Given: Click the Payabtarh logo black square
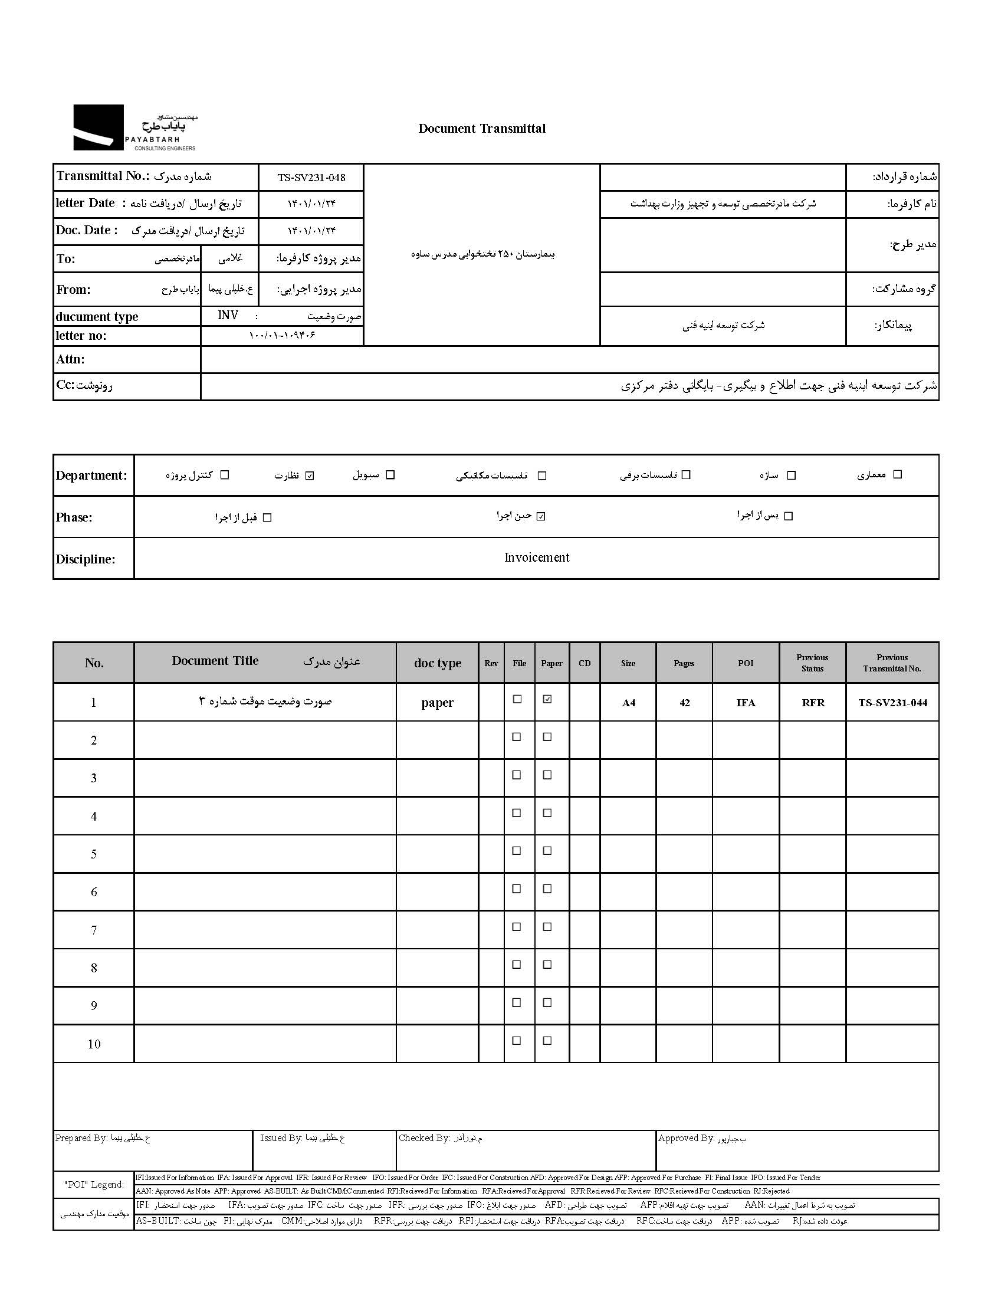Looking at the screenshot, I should tap(98, 127).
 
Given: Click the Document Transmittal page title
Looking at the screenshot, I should tap(482, 128).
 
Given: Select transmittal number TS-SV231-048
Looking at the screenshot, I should tap(311, 178).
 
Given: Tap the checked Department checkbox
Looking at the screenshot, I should tap(310, 475).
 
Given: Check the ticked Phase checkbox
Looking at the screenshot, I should tap(540, 516).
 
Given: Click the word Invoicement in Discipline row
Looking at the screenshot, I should tap(536, 557).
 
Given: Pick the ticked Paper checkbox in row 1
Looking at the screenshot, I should tap(547, 699).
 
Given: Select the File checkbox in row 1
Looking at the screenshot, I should tap(517, 699).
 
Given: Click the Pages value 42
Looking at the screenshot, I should tap(684, 703).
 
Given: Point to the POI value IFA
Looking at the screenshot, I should tap(746, 703).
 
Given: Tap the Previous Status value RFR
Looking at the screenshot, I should tap(813, 703).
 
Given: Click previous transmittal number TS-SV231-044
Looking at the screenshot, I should tap(892, 703).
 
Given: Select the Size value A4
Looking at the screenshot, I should tap(629, 703).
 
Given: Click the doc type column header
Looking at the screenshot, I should tap(437, 663).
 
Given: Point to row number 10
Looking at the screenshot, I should tap(94, 1044).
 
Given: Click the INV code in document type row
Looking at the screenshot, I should tap(228, 316).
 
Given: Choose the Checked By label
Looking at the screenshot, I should tap(424, 1138).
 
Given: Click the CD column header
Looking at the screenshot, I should tap(585, 663).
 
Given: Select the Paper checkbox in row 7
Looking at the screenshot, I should tap(547, 927).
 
